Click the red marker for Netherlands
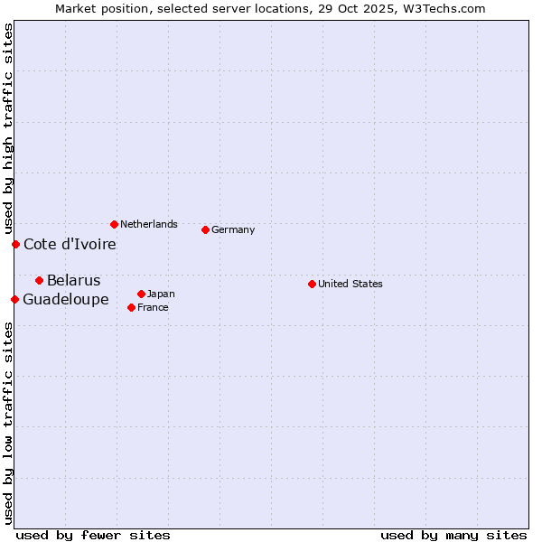point(114,224)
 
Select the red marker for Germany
point(205,229)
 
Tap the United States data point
point(312,284)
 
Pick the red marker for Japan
point(141,294)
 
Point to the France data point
point(131,307)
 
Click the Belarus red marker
point(39,280)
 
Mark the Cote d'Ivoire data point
point(15,244)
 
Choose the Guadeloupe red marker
point(14,299)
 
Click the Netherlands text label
point(149,224)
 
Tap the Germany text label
point(233,229)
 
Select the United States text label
point(350,284)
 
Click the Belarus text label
point(74,280)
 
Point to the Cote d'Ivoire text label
point(70,244)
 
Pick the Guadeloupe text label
point(66,299)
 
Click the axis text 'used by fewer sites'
point(93,535)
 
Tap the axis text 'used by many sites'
point(453,535)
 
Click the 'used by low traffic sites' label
point(8,423)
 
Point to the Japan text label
point(161,294)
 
